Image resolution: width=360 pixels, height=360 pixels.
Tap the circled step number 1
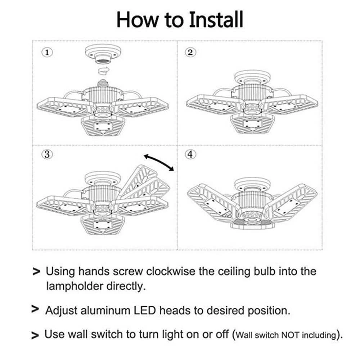pyautogui.click(x=46, y=52)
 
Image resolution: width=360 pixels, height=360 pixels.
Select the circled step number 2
pyautogui.click(x=190, y=52)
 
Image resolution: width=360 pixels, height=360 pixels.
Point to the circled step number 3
pyautogui.click(x=46, y=154)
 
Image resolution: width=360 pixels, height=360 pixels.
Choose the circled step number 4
pyautogui.click(x=190, y=154)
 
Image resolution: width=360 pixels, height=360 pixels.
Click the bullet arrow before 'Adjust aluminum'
pyautogui.click(x=35, y=309)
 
